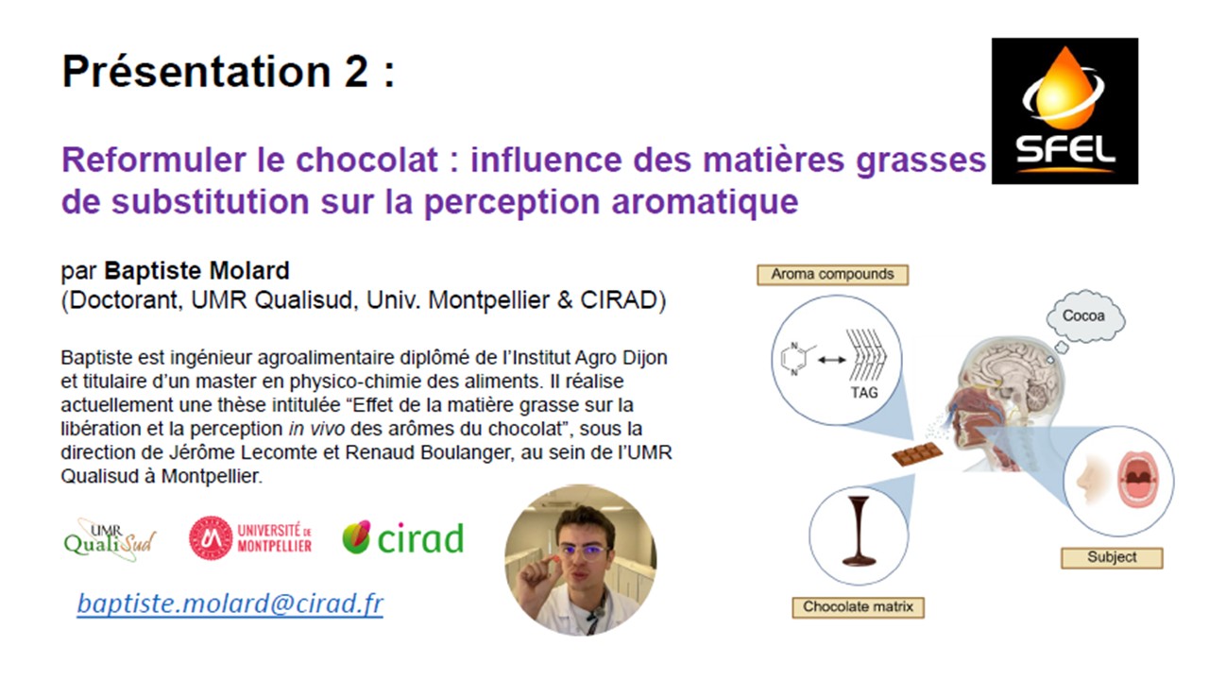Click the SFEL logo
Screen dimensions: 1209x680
click(1064, 110)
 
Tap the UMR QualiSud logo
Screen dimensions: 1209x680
click(110, 539)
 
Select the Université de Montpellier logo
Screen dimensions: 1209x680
click(250, 537)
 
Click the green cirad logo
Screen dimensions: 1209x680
click(402, 537)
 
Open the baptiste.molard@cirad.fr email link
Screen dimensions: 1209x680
click(230, 603)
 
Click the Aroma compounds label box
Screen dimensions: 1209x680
click(832, 275)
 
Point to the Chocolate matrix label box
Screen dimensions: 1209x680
click(859, 607)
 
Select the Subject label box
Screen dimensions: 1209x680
click(1112, 557)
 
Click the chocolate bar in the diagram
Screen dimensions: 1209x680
click(917, 453)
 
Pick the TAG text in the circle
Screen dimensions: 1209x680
click(864, 392)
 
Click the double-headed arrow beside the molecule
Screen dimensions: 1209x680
click(832, 360)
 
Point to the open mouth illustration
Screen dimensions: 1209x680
click(1138, 480)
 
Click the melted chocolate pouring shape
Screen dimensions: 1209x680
click(859, 531)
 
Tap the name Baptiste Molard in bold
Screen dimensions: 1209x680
click(197, 271)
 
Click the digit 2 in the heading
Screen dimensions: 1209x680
click(356, 71)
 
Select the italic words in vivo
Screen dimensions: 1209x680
click(316, 429)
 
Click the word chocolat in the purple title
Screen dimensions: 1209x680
click(366, 160)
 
